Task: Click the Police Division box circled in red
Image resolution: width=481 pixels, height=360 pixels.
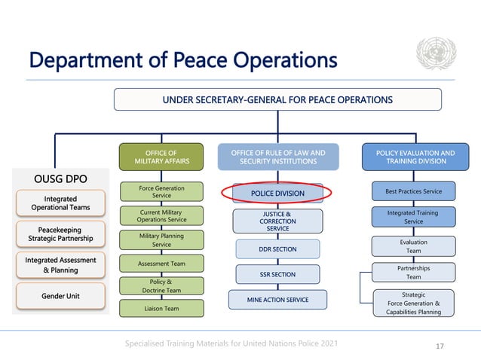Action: [x=277, y=194]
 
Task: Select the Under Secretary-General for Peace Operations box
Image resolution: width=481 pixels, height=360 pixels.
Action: [x=277, y=99]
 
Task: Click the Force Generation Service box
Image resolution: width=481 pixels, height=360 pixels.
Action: [x=161, y=191]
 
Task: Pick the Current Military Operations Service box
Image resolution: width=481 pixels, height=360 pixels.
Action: [x=161, y=215]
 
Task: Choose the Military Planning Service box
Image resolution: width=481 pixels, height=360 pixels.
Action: [x=161, y=239]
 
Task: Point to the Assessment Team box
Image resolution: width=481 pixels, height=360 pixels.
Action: [x=161, y=264]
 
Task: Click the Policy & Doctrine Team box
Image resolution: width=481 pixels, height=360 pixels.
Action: [x=161, y=285]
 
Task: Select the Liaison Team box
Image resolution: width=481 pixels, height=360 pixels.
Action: [x=161, y=308]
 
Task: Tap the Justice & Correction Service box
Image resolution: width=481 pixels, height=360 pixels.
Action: [x=277, y=221]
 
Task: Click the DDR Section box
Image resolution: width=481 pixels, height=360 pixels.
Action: [x=277, y=249]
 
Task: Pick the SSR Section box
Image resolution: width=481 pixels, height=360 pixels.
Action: [x=277, y=274]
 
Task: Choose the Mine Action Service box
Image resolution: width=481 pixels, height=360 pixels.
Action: [x=277, y=300]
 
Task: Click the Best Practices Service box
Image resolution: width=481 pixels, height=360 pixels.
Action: [x=413, y=191]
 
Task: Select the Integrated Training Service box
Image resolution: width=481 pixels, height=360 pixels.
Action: [x=413, y=216]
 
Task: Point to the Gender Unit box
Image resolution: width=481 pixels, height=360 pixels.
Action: [x=60, y=296]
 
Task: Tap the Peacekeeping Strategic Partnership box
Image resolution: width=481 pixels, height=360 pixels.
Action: [x=60, y=233]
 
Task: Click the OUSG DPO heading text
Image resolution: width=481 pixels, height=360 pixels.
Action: [x=61, y=180]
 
